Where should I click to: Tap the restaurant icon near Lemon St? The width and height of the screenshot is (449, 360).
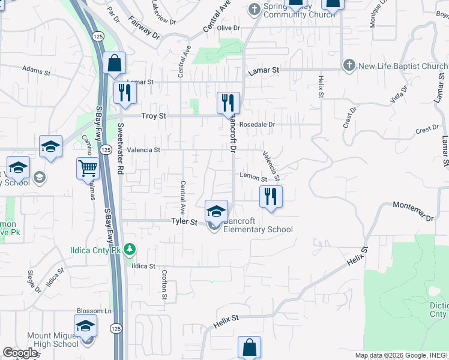[x=271, y=196]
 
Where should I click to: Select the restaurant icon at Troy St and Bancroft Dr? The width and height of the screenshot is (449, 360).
[x=228, y=103]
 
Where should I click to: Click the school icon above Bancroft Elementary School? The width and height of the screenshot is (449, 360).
[x=216, y=211]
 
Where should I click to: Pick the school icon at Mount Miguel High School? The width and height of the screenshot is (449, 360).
[x=86, y=326]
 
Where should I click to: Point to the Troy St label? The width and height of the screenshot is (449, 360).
[x=152, y=116]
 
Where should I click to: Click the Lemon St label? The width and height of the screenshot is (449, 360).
[x=253, y=177]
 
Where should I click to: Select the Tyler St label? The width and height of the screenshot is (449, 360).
[x=184, y=222]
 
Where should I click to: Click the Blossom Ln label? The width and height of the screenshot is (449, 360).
[x=94, y=311]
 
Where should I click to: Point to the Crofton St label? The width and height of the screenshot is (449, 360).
[x=163, y=283]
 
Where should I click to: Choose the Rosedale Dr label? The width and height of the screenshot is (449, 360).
[x=256, y=125]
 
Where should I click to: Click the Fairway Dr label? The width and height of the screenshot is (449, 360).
[x=145, y=28]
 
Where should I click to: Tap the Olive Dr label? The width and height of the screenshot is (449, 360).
[x=228, y=28]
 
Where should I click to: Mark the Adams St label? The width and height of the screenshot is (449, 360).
[x=36, y=71]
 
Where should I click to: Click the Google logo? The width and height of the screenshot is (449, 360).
[x=20, y=353]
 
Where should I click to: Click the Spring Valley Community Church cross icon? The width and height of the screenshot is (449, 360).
[x=254, y=8]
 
